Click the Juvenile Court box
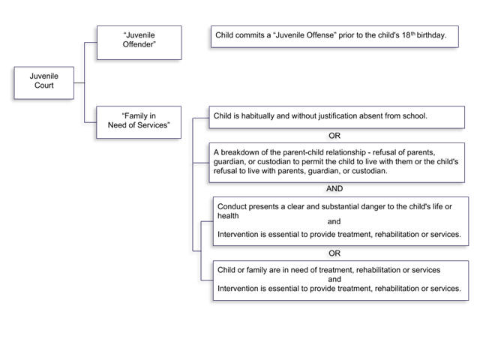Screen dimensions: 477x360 coord(43,82)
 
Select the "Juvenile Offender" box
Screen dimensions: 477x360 coord(139,43)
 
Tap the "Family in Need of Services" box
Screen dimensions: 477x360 coord(139,122)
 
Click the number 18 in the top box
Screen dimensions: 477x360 coord(406,35)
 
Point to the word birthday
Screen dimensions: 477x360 coord(431,35)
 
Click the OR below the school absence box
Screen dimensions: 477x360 coord(334,136)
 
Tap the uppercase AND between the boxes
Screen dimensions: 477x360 coord(334,189)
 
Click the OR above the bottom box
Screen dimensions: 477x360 coord(334,253)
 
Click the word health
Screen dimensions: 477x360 coord(228,216)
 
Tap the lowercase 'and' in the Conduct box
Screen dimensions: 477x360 coord(334,221)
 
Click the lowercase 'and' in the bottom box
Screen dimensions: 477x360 coord(334,279)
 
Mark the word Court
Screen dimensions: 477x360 coord(43,85)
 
